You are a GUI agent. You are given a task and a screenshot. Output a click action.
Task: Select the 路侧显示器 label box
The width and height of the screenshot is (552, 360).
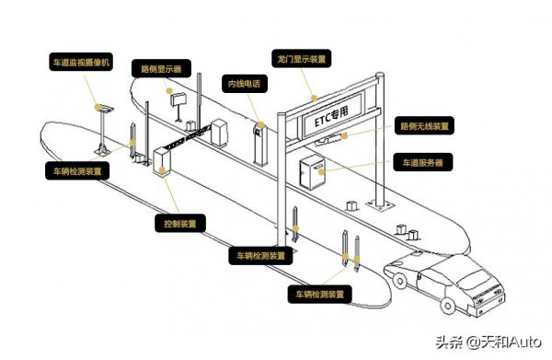pyautogui.click(x=162, y=68)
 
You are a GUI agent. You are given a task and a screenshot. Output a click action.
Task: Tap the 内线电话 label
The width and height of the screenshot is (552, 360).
pyautogui.click(x=245, y=84)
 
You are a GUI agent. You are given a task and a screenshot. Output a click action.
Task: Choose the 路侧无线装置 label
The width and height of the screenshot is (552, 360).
pyautogui.click(x=426, y=125)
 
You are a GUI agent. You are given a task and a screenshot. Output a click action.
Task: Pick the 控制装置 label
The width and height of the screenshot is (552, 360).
pyautogui.click(x=178, y=223)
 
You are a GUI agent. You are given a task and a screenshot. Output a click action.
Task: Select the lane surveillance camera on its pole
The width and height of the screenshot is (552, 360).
pyautogui.click(x=104, y=108)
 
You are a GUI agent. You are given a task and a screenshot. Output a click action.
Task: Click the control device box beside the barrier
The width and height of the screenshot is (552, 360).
pyautogui.click(x=164, y=159)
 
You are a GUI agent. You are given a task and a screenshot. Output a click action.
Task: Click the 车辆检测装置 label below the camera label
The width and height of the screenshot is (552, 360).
pyautogui.click(x=79, y=171)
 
